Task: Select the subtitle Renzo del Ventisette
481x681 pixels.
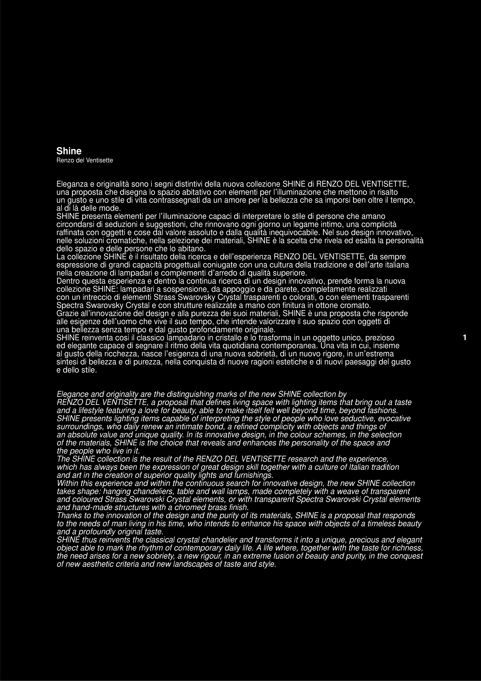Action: pyautogui.click(x=85, y=160)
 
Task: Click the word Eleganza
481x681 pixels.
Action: pyautogui.click(x=72, y=184)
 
